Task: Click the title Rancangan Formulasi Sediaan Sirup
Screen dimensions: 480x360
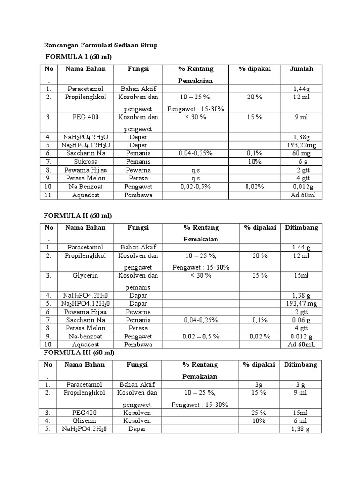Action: coord(101,45)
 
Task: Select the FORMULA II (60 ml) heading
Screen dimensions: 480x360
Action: coord(78,216)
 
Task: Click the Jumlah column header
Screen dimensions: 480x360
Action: coord(301,69)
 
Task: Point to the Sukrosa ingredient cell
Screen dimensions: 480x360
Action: coord(85,161)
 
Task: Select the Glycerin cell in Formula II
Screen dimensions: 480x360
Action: coord(85,276)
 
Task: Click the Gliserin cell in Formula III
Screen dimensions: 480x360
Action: coord(85,421)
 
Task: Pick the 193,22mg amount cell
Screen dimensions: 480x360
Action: coord(301,145)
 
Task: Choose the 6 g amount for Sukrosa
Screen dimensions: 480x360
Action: coord(301,161)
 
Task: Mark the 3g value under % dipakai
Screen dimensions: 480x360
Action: coord(258,384)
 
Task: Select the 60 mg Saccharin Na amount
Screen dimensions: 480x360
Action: coord(301,153)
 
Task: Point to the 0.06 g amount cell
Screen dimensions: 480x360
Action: coord(301,320)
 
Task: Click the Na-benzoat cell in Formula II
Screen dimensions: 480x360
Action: coord(85,336)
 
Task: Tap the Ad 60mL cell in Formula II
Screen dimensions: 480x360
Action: coord(301,345)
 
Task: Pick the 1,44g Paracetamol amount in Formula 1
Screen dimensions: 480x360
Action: coord(301,89)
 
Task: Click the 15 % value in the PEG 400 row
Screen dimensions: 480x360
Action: coord(255,117)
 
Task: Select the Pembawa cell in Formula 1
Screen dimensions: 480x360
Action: coord(138,195)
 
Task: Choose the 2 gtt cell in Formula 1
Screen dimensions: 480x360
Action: coord(301,170)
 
